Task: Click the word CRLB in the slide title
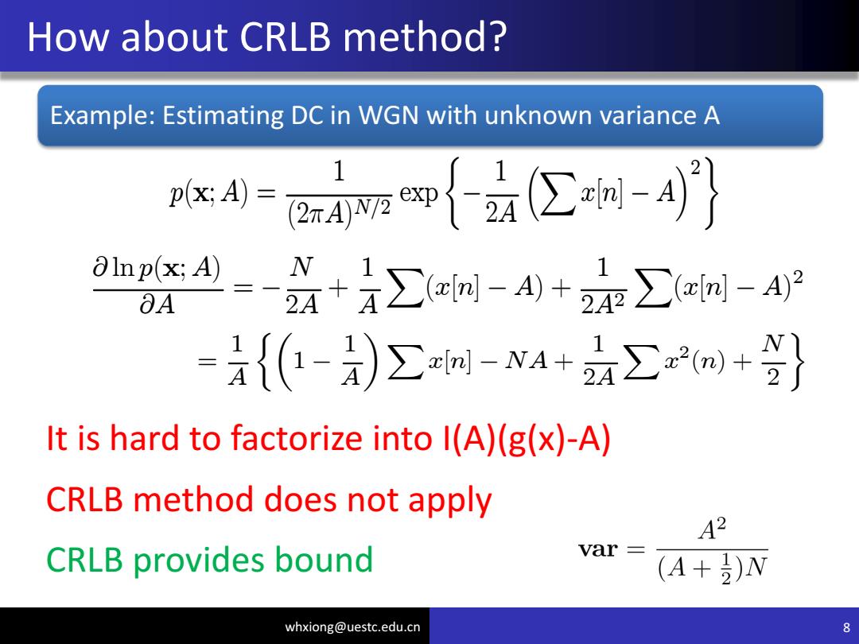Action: click(x=286, y=37)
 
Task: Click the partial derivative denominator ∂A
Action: click(x=157, y=304)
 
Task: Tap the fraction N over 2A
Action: click(x=302, y=286)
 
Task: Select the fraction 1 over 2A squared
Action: click(x=603, y=287)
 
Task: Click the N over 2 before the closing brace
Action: click(x=773, y=359)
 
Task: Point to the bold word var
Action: click(x=598, y=549)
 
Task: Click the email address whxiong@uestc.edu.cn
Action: click(x=352, y=627)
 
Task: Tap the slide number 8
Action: click(x=846, y=627)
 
